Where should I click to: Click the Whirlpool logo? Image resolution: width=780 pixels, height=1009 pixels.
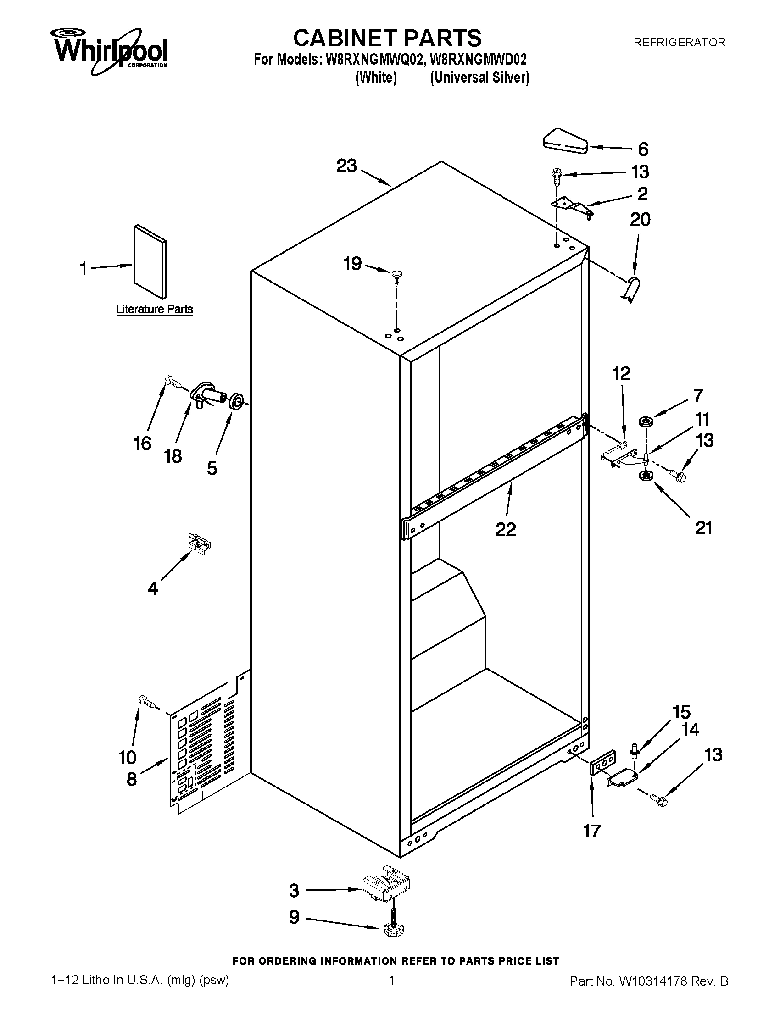[110, 51]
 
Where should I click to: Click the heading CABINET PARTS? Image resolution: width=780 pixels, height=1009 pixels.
[387, 38]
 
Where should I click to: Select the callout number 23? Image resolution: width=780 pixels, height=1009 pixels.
[346, 166]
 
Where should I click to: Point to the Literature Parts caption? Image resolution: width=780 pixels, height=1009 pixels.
[154, 309]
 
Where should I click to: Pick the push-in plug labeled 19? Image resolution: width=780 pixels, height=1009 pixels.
[396, 276]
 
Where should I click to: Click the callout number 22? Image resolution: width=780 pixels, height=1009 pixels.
[506, 529]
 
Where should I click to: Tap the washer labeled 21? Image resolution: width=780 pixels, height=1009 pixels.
[643, 476]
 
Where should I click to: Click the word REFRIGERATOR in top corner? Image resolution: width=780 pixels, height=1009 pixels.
[679, 43]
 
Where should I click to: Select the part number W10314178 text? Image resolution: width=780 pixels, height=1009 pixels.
[649, 981]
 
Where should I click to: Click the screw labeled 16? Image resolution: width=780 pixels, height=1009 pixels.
[172, 381]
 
